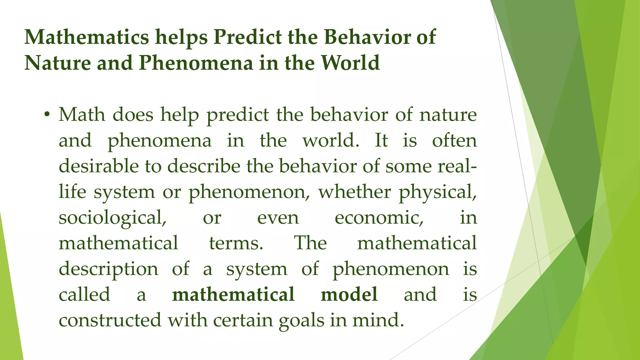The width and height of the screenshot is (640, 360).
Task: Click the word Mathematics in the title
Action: tap(87, 37)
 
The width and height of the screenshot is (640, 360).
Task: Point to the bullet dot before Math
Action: tap(47, 115)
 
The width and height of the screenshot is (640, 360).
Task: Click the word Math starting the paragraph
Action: tap(82, 115)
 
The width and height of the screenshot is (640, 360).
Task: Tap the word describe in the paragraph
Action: tap(204, 166)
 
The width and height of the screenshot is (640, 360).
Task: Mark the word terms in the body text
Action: tap(236, 243)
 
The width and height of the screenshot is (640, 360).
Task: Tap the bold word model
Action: tap(349, 294)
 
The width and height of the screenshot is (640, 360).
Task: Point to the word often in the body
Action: tap(454, 140)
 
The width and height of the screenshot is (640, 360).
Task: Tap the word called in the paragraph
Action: tap(84, 294)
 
